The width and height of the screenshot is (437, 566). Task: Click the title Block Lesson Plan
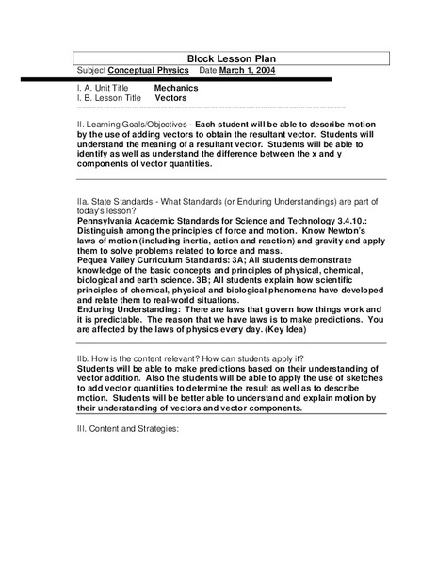[x=218, y=58]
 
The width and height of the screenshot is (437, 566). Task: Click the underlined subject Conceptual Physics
[x=149, y=71]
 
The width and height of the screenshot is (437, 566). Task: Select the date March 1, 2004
[x=259, y=71]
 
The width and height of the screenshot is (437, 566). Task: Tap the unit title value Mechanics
[x=176, y=87]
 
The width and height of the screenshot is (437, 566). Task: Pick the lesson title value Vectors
[x=170, y=97]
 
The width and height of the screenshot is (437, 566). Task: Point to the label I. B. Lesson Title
[x=109, y=97]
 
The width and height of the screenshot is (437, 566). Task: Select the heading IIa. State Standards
[x=121, y=201]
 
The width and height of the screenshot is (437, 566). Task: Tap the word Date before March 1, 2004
[x=209, y=71]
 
